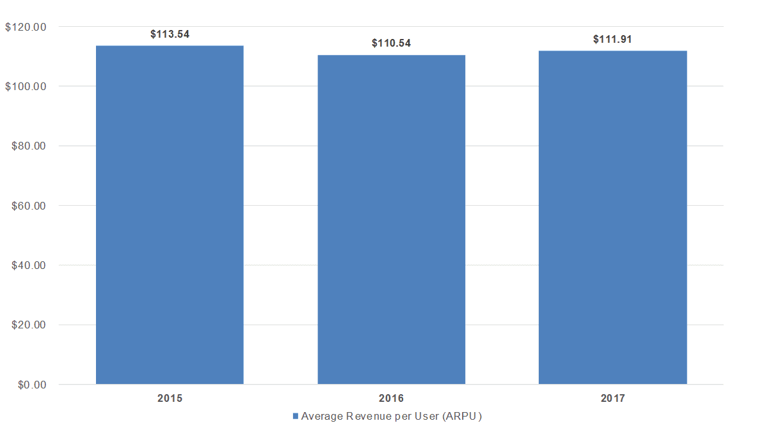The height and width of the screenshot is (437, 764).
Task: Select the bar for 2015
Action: [170, 215]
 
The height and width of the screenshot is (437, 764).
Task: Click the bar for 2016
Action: [391, 220]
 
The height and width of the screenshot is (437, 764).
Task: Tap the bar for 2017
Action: [612, 217]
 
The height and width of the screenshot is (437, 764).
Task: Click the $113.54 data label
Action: [170, 34]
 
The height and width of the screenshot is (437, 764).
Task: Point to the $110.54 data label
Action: [391, 43]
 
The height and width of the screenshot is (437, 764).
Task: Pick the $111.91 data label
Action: [612, 39]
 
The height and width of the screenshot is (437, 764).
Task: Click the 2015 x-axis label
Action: [170, 398]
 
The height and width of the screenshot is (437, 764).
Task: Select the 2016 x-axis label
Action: [391, 398]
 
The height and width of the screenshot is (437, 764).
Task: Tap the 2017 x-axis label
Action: [612, 398]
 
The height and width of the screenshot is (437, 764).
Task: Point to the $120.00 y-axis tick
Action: [26, 27]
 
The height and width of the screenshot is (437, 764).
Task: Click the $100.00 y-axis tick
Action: [26, 86]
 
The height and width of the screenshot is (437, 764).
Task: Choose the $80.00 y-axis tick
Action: [29, 146]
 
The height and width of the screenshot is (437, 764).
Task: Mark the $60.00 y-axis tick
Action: [29, 206]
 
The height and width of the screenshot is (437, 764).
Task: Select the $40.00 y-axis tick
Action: [29, 265]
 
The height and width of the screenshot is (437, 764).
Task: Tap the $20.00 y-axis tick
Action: [29, 325]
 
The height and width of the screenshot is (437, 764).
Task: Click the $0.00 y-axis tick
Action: [32, 385]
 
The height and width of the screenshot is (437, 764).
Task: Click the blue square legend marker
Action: [295, 416]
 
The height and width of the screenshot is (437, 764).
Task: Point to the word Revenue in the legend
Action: [369, 416]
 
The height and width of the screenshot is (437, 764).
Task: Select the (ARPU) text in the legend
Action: [463, 416]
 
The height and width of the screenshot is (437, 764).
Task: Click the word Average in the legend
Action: [322, 416]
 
